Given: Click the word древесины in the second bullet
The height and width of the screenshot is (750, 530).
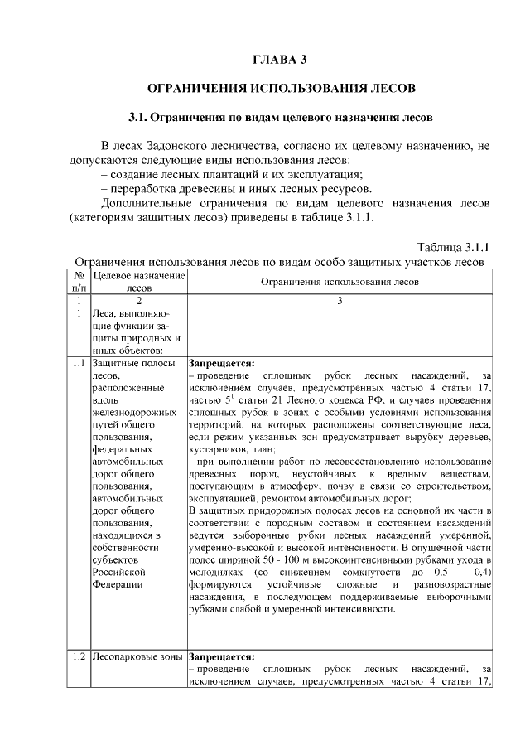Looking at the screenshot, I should coord(210,188).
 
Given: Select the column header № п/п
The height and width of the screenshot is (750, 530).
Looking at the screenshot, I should coord(79,282).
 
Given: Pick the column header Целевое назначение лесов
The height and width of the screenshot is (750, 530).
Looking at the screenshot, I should coord(139,282).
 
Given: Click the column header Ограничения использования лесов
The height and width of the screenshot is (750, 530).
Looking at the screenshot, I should coord(340,282).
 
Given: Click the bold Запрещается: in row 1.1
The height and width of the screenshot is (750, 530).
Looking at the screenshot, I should coord(222,362).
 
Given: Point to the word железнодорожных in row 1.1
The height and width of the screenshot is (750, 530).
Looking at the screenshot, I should coord(134,412).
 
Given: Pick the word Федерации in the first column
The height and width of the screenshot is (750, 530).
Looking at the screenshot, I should coord(119,583).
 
